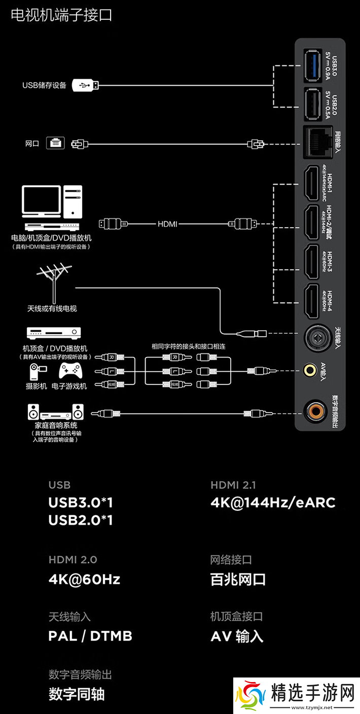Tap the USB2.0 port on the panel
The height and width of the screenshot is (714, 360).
310,104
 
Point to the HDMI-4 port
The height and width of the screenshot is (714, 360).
310,301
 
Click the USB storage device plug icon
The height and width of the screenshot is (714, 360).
85,85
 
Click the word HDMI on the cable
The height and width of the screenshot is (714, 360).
167,223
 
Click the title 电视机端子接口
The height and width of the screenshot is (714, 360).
61,15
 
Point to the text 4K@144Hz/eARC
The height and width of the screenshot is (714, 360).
273,503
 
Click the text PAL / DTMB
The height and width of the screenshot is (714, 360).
90,636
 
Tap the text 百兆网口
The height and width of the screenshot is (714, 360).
238,579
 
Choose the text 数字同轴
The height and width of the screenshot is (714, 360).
77,694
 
